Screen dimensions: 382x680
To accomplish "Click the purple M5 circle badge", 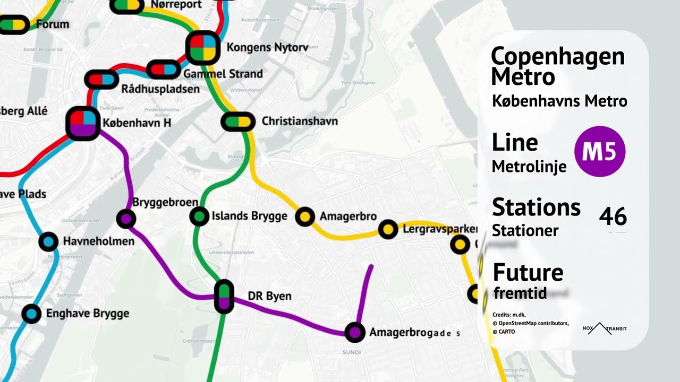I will pyautogui.click(x=600, y=151).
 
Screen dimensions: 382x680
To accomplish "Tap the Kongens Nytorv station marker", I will pyautogui.click(x=203, y=48).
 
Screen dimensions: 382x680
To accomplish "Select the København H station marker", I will pyautogui.click(x=83, y=123).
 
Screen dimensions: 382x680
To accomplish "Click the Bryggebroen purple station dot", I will pyautogui.click(x=126, y=218).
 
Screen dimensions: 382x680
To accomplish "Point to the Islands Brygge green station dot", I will pyautogui.click(x=199, y=216).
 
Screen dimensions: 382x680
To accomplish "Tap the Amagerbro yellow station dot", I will pyautogui.click(x=305, y=216).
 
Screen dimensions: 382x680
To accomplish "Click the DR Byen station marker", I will pyautogui.click(x=224, y=296).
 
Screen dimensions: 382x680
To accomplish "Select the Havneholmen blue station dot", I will pyautogui.click(x=48, y=241).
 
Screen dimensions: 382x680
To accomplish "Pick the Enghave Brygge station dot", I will pyautogui.click(x=31, y=314).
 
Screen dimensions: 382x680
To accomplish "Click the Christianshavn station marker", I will pyautogui.click(x=237, y=121).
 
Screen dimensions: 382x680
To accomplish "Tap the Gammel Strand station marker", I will pyautogui.click(x=164, y=70).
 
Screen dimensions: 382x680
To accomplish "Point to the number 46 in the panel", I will pyautogui.click(x=613, y=217).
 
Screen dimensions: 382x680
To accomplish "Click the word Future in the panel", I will pyautogui.click(x=528, y=272).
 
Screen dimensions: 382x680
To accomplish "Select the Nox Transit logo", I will pyautogui.click(x=605, y=328).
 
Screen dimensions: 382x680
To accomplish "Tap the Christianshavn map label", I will pyautogui.click(x=300, y=121).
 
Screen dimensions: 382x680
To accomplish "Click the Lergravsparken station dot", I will pyautogui.click(x=388, y=229).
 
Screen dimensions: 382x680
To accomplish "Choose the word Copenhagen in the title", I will pyautogui.click(x=558, y=56).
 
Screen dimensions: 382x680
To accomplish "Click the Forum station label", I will pyautogui.click(x=53, y=24).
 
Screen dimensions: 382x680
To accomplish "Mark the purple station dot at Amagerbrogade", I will pyautogui.click(x=355, y=332).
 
